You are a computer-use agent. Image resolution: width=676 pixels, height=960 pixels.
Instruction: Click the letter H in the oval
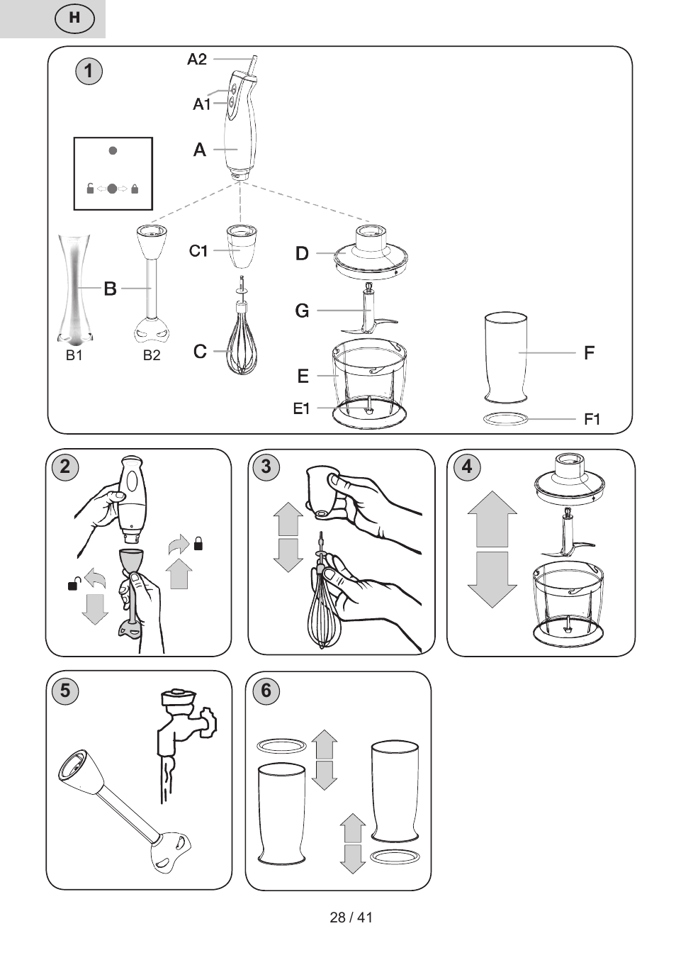74,18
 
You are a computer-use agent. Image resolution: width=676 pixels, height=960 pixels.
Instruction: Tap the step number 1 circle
89,71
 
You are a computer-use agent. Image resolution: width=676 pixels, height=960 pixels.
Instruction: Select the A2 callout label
197,59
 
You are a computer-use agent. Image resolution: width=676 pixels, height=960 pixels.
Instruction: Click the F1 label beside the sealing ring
592,419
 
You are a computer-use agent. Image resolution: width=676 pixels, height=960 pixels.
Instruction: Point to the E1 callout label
301,408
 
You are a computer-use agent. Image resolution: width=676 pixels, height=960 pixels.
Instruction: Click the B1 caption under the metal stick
74,355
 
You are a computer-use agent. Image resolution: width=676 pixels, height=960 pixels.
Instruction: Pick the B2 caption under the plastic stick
152,355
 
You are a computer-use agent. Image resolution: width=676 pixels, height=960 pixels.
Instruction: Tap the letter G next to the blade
302,311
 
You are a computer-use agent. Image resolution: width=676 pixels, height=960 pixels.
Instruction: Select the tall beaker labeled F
506,357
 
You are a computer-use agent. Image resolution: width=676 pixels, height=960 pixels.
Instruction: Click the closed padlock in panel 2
198,543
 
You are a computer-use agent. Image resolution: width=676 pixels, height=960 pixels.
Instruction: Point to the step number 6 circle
266,691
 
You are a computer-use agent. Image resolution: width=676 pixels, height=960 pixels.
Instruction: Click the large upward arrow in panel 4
492,519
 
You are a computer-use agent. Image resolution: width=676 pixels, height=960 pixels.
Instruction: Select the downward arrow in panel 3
288,555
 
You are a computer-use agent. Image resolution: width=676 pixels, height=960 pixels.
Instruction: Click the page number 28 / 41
351,917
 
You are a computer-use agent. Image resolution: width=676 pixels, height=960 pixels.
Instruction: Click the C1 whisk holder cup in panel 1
242,246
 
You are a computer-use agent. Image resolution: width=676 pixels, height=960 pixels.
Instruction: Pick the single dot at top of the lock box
113,150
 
